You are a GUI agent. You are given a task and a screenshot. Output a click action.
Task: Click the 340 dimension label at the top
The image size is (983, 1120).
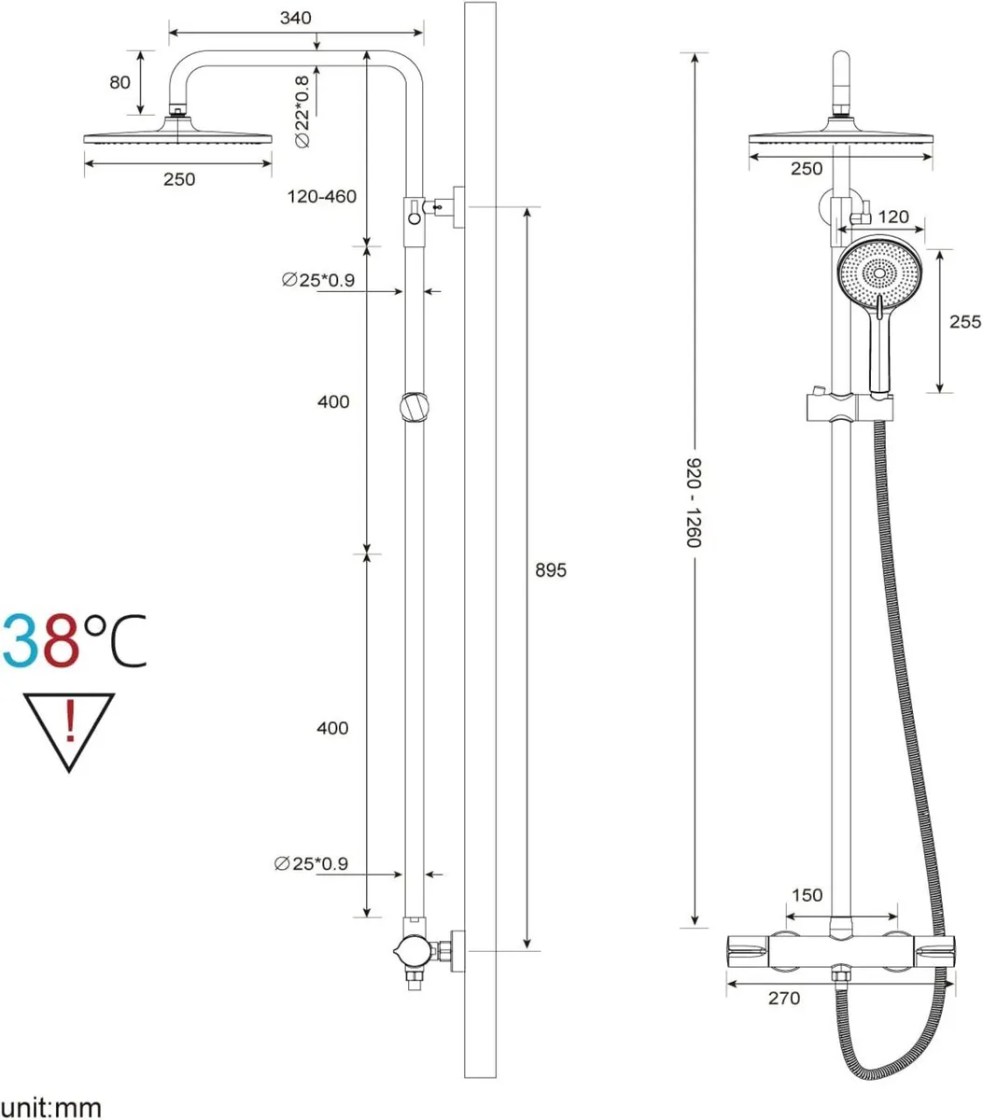(x=295, y=18)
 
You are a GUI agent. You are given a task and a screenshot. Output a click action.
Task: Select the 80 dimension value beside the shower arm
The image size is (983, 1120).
(x=119, y=82)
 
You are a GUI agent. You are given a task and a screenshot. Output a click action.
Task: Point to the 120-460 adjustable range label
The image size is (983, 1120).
(x=322, y=197)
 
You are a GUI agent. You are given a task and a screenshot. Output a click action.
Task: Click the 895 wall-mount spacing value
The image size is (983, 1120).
(x=551, y=569)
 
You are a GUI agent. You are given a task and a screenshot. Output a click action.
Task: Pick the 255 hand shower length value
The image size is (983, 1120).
(x=964, y=321)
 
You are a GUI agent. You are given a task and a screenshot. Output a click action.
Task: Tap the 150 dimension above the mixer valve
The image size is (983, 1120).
(x=807, y=895)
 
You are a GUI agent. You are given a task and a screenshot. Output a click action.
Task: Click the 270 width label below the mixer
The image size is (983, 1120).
(x=784, y=998)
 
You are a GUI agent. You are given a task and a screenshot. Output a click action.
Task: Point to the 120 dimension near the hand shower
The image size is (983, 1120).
(x=893, y=217)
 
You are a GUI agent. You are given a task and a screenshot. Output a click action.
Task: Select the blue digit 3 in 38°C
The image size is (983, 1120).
(x=21, y=641)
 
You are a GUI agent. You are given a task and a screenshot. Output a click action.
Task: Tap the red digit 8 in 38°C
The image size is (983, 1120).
(x=60, y=641)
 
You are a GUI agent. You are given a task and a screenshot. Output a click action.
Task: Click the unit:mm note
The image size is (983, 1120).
(x=50, y=1107)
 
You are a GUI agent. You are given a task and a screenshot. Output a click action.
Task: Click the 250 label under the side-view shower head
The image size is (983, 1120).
(x=179, y=179)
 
